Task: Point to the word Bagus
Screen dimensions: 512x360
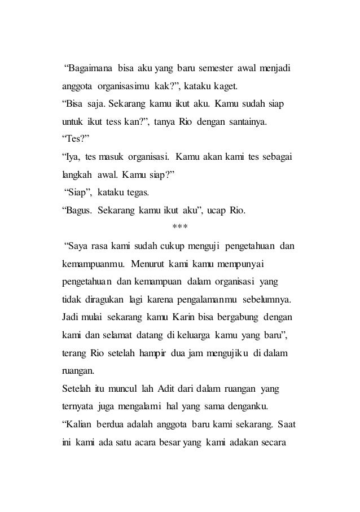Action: (x=78, y=211)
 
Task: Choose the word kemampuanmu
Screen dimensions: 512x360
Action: (x=90, y=264)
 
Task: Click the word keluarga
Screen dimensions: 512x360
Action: (x=190, y=334)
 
